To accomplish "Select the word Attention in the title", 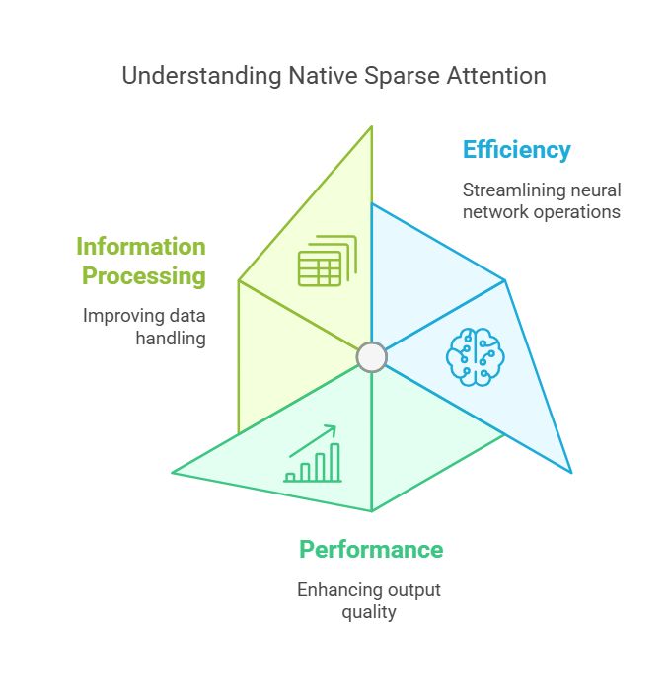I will [x=491, y=76].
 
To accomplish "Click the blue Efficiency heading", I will [x=516, y=150].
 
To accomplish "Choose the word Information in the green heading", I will [x=141, y=247].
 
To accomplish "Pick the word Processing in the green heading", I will [x=144, y=276].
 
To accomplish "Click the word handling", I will [x=171, y=339].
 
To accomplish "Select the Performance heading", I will [x=371, y=550].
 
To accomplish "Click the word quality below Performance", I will [x=371, y=612].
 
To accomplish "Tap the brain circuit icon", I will [x=475, y=355].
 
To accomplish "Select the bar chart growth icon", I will [x=313, y=455].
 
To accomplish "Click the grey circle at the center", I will [x=371, y=356].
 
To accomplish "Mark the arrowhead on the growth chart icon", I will [x=332, y=429].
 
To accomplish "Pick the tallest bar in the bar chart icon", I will [x=334, y=461].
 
